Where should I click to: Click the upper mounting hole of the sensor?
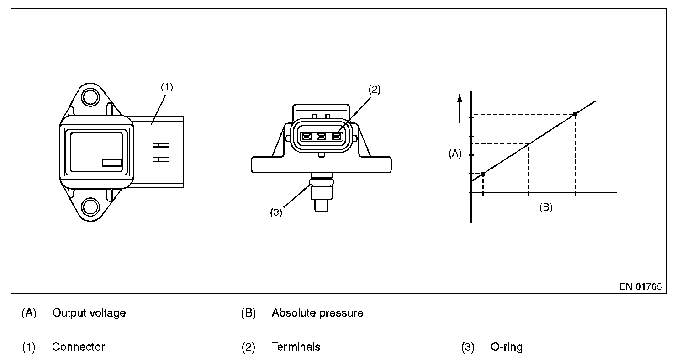(x=90, y=97)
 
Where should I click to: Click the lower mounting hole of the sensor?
(x=90, y=207)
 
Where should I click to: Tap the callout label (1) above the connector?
(x=167, y=87)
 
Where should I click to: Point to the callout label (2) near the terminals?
(x=375, y=90)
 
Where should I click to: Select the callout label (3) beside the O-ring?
(x=276, y=212)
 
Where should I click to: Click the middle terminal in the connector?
(x=322, y=137)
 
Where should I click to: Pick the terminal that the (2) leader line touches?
(x=337, y=137)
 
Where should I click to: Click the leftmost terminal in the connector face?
(x=307, y=137)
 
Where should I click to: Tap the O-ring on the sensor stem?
(x=322, y=182)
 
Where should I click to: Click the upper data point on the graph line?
(x=575, y=114)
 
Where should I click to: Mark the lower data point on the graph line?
(x=483, y=174)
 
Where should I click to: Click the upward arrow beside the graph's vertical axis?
(x=460, y=108)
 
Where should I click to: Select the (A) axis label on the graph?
(x=455, y=154)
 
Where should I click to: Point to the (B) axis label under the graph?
(x=546, y=207)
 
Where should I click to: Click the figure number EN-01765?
(x=641, y=287)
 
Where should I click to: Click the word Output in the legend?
(x=69, y=313)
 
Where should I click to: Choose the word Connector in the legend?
(x=79, y=347)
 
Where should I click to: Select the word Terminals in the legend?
(x=296, y=347)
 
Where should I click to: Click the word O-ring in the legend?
(x=507, y=347)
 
